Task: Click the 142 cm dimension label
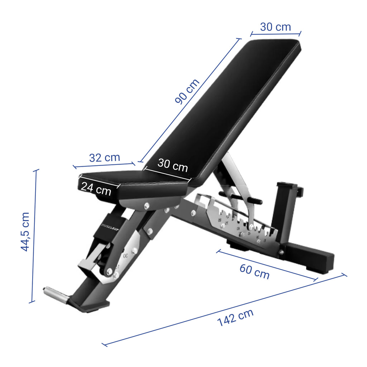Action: (x=235, y=317)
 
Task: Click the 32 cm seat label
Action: (x=104, y=158)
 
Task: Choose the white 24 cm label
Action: (x=96, y=189)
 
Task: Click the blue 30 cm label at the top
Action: (x=275, y=27)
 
